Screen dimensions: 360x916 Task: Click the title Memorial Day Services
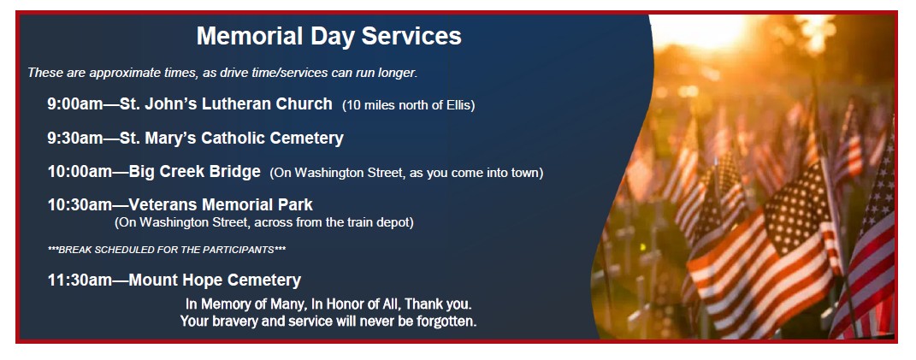[328, 36]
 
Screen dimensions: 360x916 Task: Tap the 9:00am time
[75, 104]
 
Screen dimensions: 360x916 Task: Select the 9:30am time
[75, 138]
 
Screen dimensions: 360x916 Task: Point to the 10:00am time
[80, 172]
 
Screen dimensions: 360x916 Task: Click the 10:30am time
[80, 205]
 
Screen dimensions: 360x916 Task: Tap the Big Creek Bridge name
[194, 172]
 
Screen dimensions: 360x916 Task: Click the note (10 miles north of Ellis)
[408, 105]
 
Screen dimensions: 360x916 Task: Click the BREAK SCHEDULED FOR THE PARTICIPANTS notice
[167, 250]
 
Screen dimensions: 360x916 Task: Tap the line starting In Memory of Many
[328, 304]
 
